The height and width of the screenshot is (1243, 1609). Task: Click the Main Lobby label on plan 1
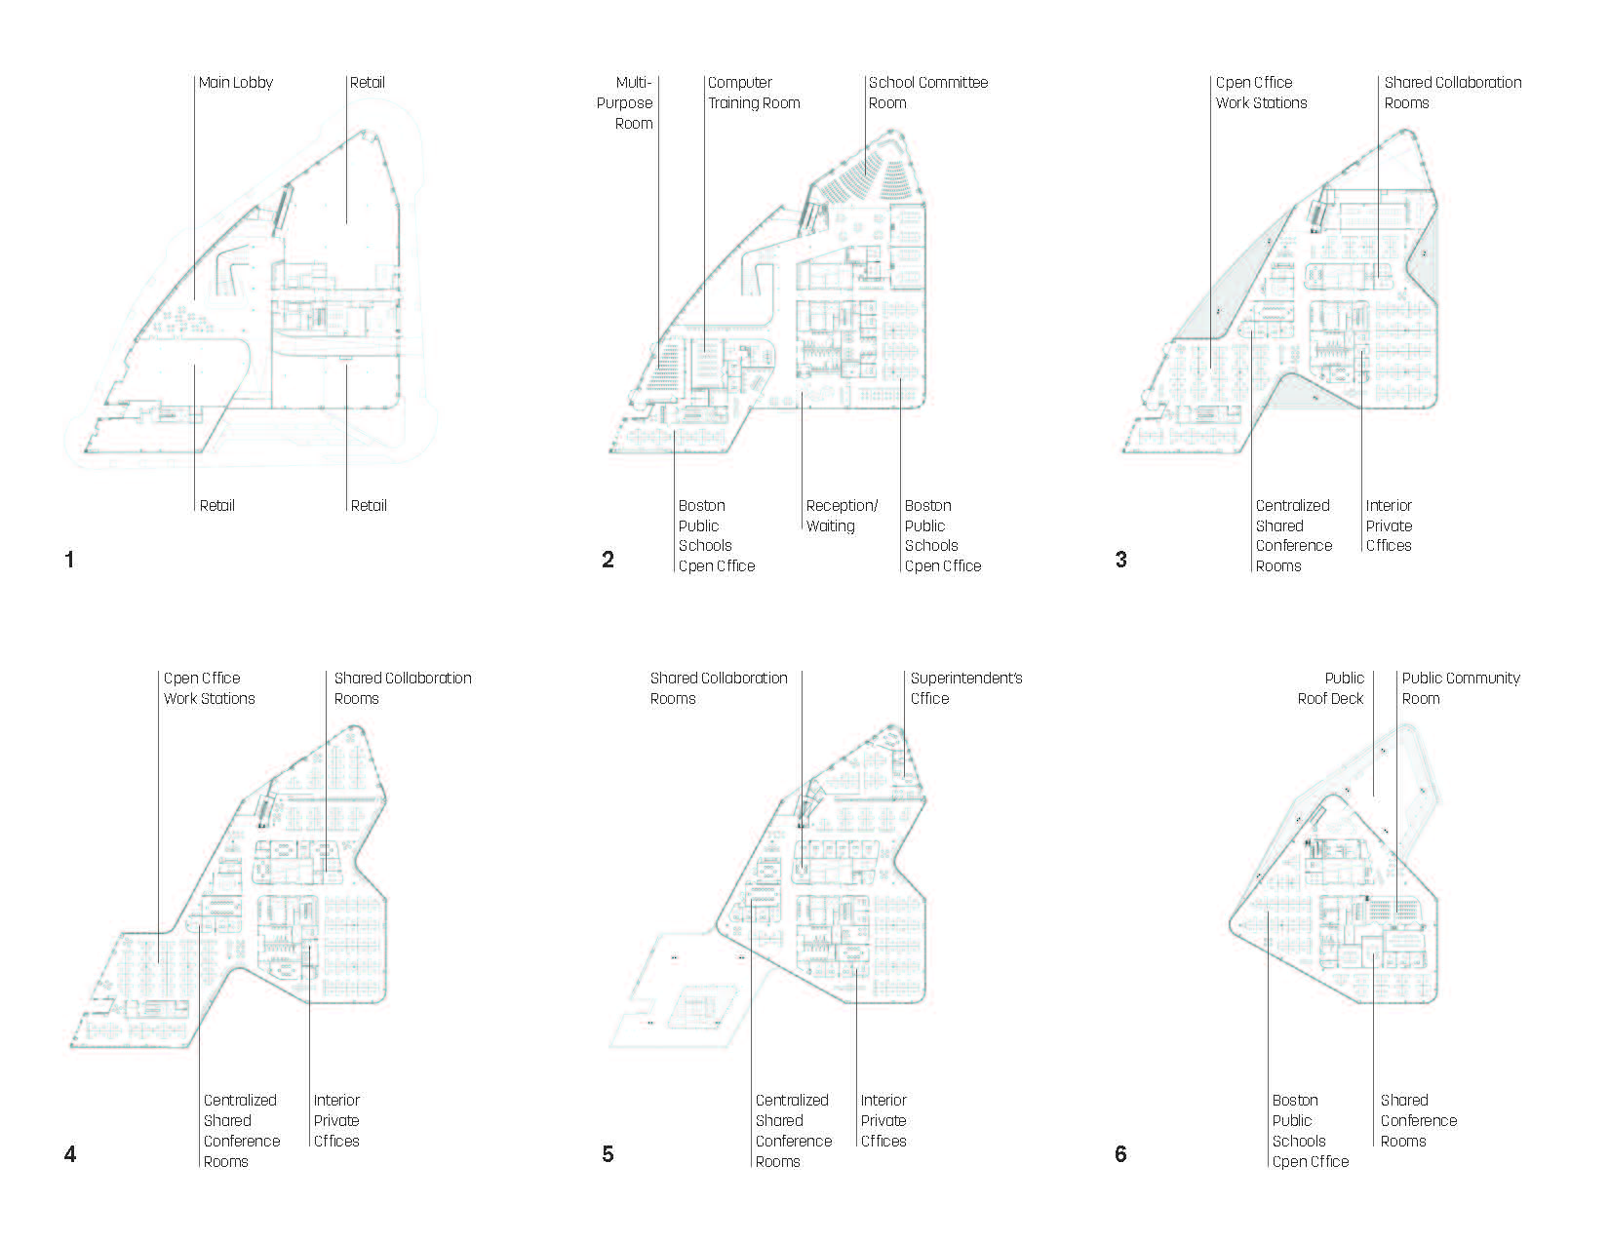[235, 83]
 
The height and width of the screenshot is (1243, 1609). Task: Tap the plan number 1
[69, 560]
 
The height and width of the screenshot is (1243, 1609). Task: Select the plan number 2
[608, 560]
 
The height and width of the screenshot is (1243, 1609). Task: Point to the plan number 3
[1120, 560]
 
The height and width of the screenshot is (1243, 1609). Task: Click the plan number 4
[69, 1154]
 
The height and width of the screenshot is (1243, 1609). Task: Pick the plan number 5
[608, 1154]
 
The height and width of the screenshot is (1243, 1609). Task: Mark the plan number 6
[1120, 1154]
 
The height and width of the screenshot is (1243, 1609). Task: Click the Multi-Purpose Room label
[625, 102]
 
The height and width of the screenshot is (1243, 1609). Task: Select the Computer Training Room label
[754, 93]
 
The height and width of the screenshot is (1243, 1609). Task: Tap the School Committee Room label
[927, 93]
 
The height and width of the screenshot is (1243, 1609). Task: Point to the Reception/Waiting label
[842, 516]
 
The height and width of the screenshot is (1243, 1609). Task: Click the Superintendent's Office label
[965, 688]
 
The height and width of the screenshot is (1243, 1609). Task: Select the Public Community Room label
[1460, 688]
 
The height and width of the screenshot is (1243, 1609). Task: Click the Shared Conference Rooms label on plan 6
[1418, 1120]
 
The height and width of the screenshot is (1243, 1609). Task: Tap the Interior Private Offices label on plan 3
[1389, 525]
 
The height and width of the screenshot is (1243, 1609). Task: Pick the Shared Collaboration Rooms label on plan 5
[719, 688]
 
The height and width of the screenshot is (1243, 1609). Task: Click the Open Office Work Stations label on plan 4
[210, 688]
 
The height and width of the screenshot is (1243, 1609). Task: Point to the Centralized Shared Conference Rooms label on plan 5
[793, 1131]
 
